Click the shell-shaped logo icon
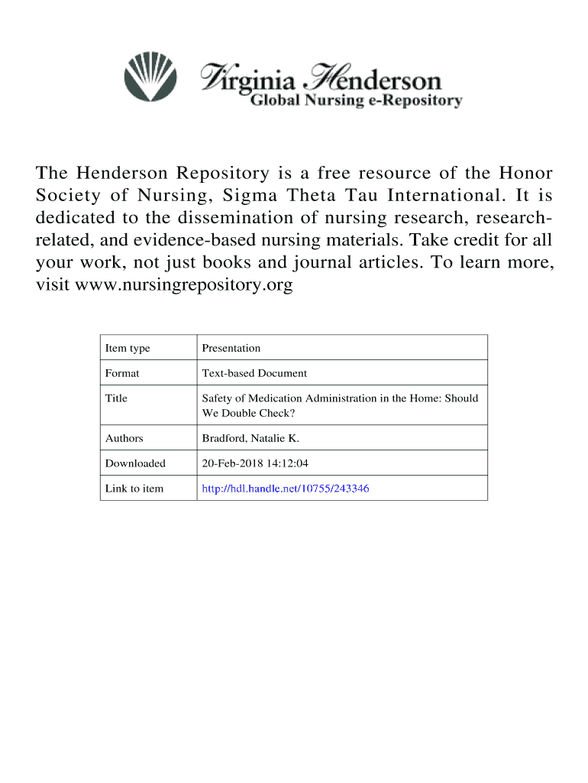pos(150,76)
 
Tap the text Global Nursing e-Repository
pos(357,101)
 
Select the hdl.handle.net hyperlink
pos(285,488)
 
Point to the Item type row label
pos(128,348)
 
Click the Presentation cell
pos(231,348)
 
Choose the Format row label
pos(122,373)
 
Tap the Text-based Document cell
pos(254,373)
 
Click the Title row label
pos(116,398)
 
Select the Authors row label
pos(124,438)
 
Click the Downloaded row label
pos(135,463)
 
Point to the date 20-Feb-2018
pos(228,463)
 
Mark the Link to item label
pos(134,488)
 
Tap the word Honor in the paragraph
pos(527,172)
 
